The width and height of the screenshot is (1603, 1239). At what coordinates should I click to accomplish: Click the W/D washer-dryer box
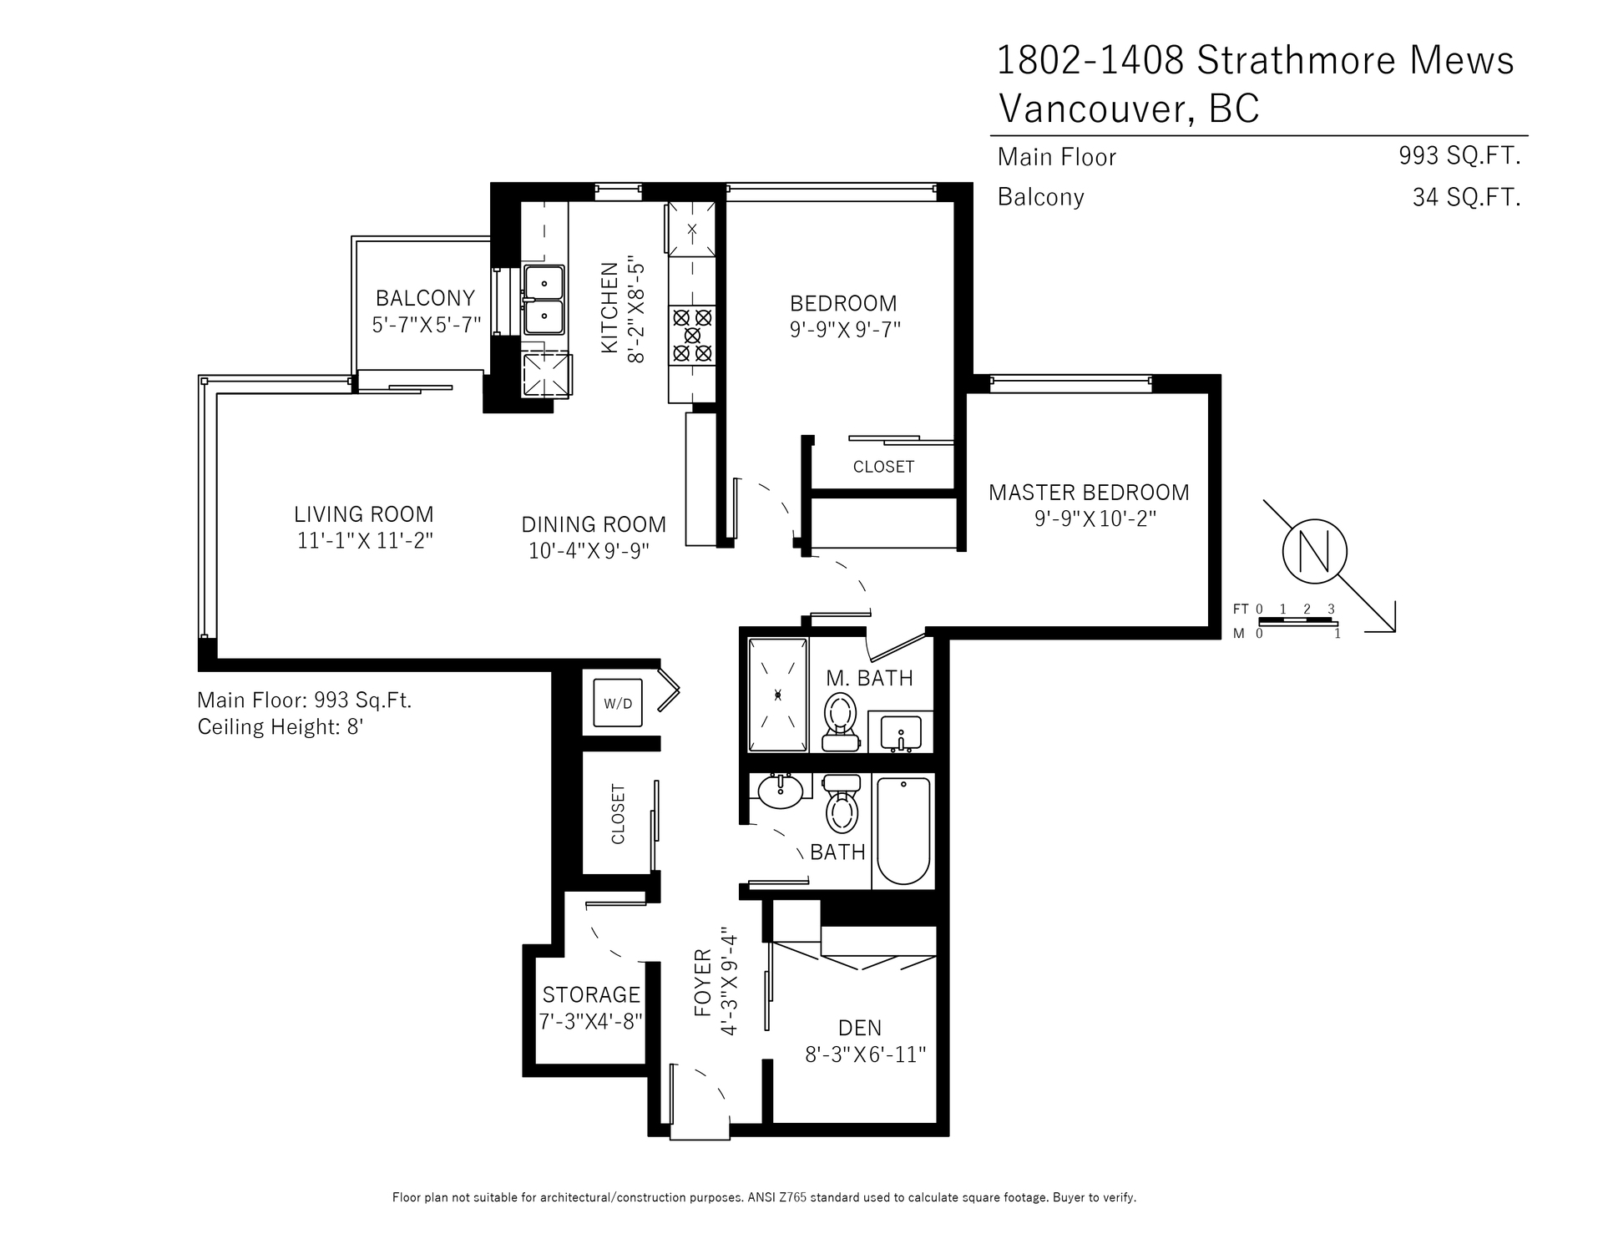coord(618,703)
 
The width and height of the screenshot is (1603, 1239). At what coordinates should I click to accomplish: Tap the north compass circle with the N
coord(1314,552)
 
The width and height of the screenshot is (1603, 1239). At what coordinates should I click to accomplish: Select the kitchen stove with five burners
coord(692,335)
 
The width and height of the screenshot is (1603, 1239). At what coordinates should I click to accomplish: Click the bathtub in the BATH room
coord(904,831)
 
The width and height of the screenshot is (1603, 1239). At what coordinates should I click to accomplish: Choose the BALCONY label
coord(425,298)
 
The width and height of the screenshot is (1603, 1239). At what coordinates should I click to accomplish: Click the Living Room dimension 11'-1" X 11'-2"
coord(365,541)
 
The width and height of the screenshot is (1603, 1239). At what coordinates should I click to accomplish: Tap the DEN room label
coord(860,1028)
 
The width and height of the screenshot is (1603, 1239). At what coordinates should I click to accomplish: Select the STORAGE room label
coord(591,994)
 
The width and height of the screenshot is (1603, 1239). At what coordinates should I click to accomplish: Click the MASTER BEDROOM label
coord(1089,493)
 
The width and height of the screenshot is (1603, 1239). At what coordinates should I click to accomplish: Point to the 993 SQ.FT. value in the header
coord(1459,155)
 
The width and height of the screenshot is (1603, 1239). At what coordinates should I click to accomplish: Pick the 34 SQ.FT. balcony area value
coord(1466,197)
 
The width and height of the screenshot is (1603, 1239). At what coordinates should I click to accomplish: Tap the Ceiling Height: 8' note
coord(281,727)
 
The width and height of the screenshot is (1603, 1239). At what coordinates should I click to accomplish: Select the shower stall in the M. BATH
coord(778,695)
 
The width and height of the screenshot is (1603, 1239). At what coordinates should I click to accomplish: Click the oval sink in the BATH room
coord(781,791)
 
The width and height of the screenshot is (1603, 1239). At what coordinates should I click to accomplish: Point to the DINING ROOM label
coord(594,524)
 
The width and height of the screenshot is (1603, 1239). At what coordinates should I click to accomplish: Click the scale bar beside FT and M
coord(1298,622)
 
